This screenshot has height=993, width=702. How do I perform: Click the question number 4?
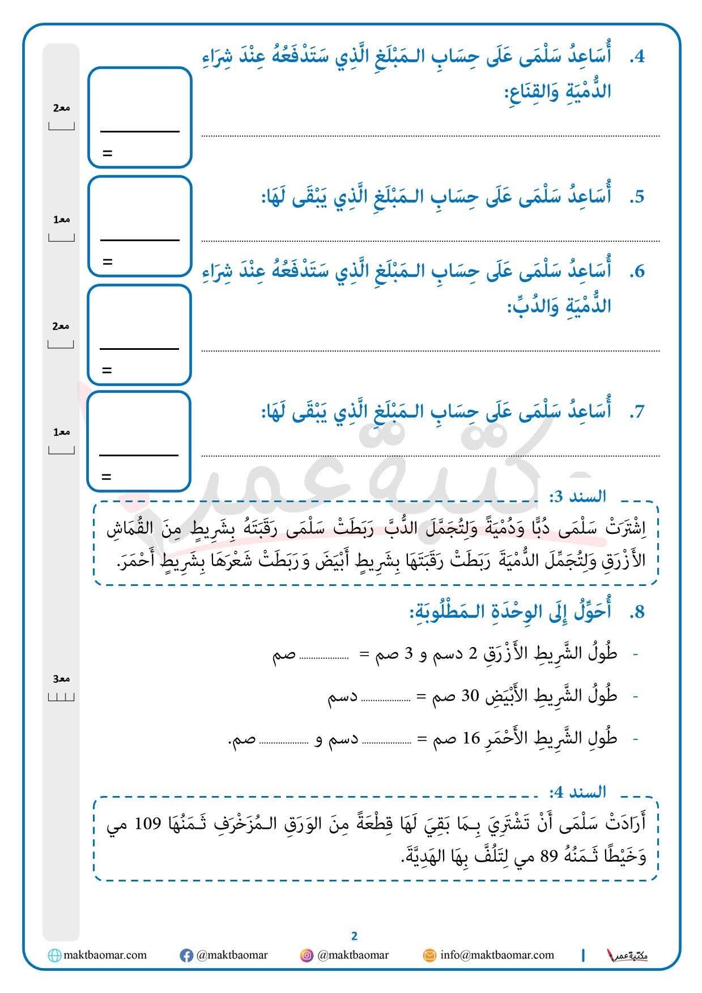637,57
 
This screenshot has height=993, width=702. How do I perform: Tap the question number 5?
637,197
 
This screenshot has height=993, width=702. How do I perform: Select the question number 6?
637,271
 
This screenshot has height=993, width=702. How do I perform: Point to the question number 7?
637,412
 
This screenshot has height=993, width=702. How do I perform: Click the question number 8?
637,612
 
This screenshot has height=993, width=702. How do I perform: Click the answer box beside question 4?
140,117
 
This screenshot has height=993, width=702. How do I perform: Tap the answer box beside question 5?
140,226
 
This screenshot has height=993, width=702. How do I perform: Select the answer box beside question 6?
139,335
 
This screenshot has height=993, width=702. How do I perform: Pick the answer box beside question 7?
138,441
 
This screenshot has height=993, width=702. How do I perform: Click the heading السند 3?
577,497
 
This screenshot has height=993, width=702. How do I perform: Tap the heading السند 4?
577,791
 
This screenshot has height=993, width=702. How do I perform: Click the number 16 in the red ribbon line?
471,739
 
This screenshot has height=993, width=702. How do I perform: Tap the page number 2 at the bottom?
354,936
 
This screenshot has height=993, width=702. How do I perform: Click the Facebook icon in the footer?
186,956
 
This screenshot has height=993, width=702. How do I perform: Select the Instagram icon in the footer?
307,956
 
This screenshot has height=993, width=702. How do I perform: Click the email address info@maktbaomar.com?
497,955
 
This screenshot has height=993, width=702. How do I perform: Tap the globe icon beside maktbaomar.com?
54,956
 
